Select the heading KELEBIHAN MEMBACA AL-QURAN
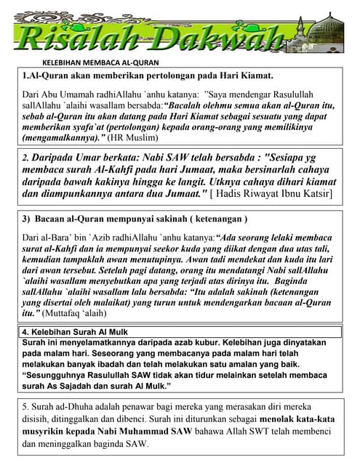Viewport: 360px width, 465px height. coord(100,63)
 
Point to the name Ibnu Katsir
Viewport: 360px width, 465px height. coord(305,194)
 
